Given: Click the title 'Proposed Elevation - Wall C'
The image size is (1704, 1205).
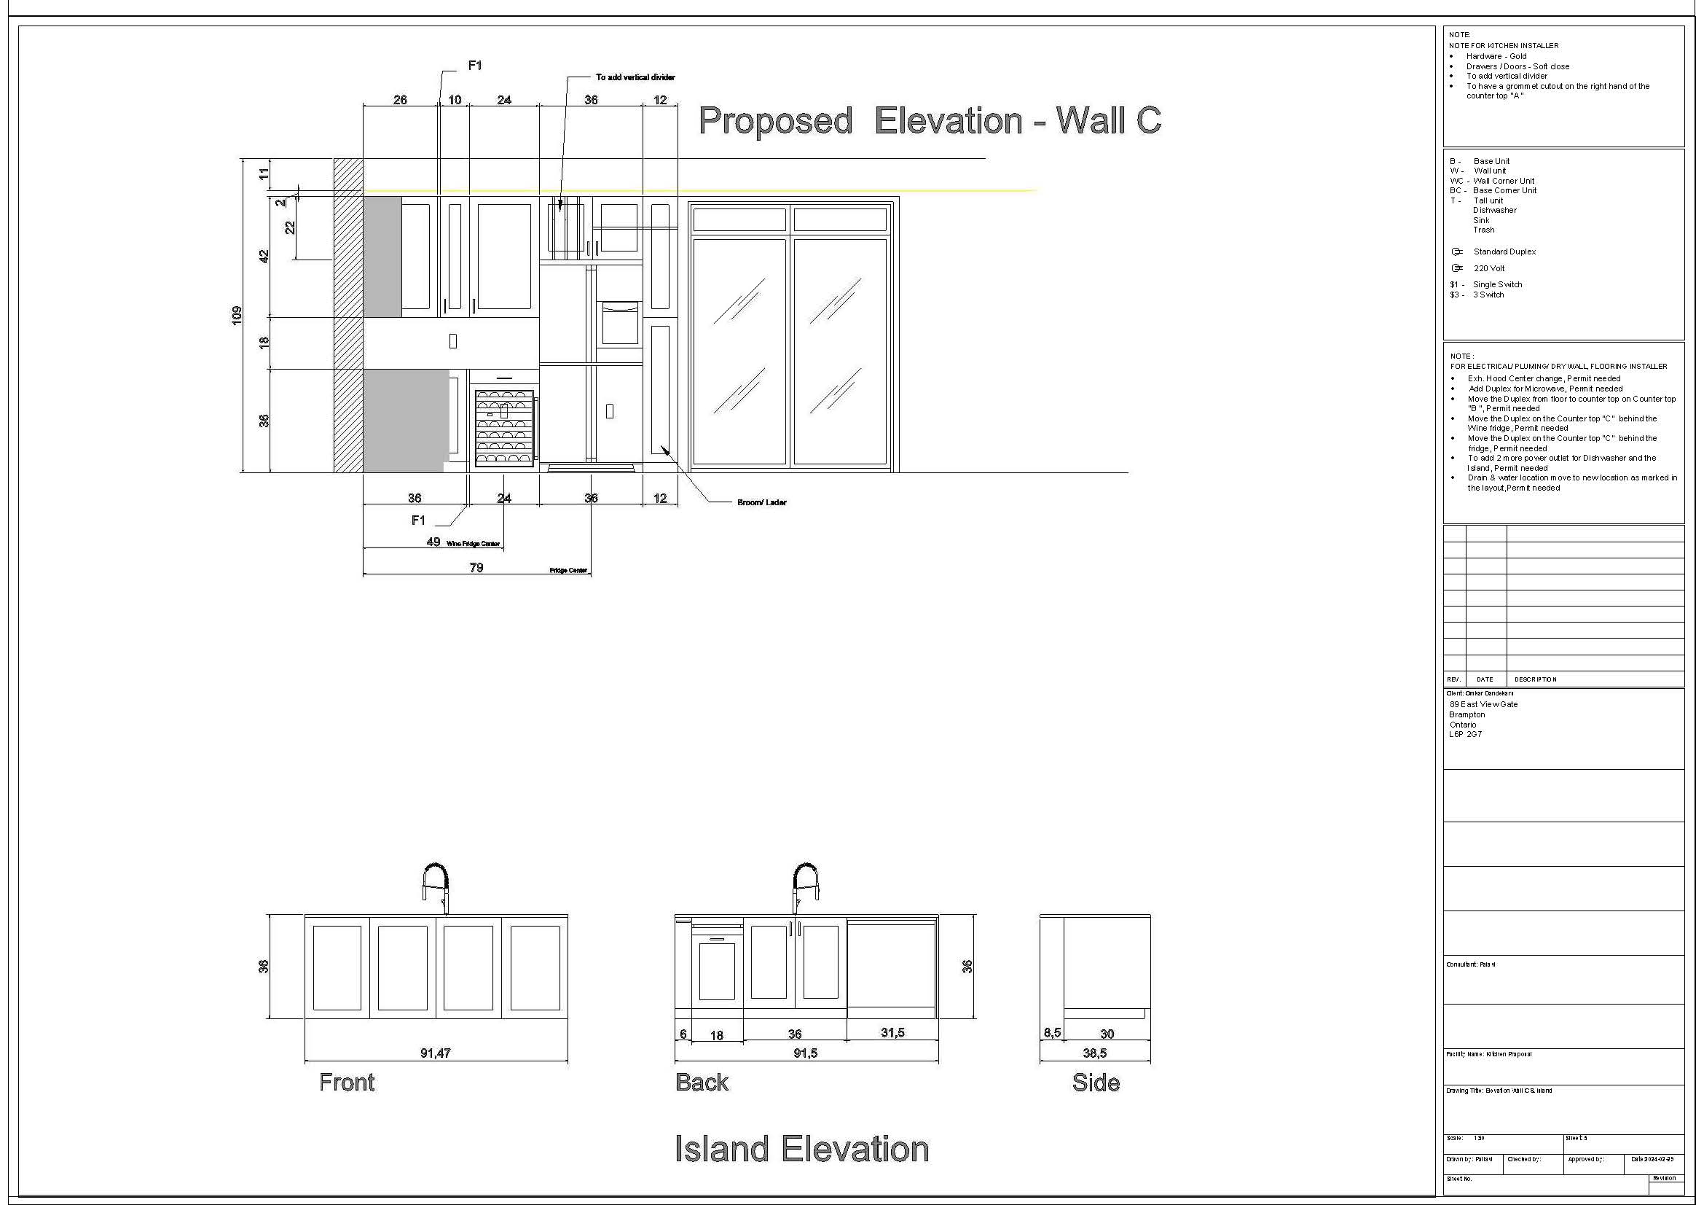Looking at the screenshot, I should click(x=929, y=121).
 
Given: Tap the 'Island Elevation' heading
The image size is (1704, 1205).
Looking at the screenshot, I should click(x=801, y=1149).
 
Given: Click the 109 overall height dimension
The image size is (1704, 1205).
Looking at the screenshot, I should click(x=237, y=315).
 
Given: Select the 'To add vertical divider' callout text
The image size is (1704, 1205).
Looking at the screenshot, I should click(x=635, y=77).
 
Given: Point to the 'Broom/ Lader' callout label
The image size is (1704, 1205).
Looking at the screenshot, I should click(x=761, y=503).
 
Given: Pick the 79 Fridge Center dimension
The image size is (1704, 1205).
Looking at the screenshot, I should click(x=476, y=567).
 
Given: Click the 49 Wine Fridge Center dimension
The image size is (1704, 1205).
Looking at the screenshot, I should click(x=433, y=542).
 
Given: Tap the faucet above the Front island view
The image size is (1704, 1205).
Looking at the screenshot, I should click(x=437, y=886).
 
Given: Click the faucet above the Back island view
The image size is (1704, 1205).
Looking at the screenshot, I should click(x=804, y=886).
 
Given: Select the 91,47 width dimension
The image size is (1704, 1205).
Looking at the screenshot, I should click(x=435, y=1053).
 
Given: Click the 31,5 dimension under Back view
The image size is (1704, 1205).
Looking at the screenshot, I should click(x=892, y=1033).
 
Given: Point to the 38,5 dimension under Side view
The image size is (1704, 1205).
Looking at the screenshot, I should click(x=1095, y=1053).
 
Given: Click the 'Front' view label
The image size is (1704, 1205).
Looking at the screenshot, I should click(x=347, y=1083).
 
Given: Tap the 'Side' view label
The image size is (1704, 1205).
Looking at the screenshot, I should click(x=1096, y=1083).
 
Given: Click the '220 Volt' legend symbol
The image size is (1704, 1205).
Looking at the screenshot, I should click(x=1457, y=268).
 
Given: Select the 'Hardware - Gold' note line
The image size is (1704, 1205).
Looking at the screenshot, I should click(x=1496, y=56).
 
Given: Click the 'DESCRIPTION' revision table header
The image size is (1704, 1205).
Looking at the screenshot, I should click(x=1536, y=679).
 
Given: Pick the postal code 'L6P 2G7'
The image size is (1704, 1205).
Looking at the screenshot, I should click(x=1465, y=734).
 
